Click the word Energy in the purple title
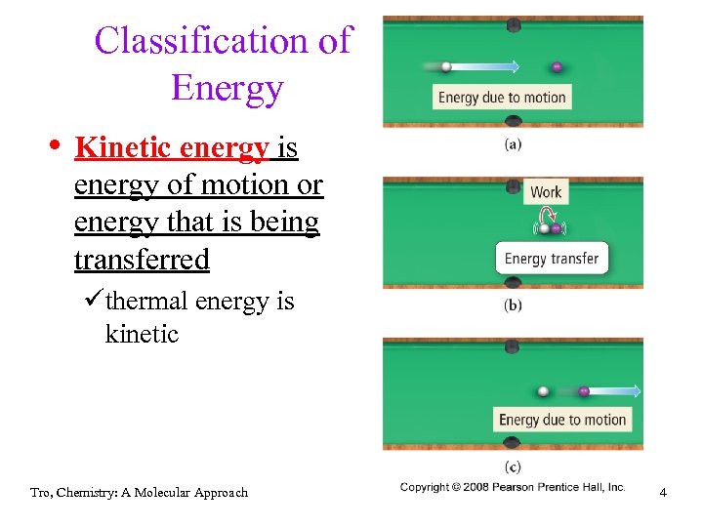(227, 88)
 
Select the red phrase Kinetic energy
(171, 147)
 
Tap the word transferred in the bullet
(142, 260)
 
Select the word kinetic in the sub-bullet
(142, 335)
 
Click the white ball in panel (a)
(446, 67)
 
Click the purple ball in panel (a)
(557, 67)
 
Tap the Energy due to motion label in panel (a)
(502, 98)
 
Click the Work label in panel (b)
(546, 192)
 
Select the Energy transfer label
(551, 259)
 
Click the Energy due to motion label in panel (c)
(561, 420)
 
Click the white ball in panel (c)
(544, 391)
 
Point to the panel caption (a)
(513, 144)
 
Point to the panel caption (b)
(513, 305)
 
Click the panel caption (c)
(513, 466)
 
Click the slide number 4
(663, 493)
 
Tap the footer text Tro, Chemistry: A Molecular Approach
(139, 493)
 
